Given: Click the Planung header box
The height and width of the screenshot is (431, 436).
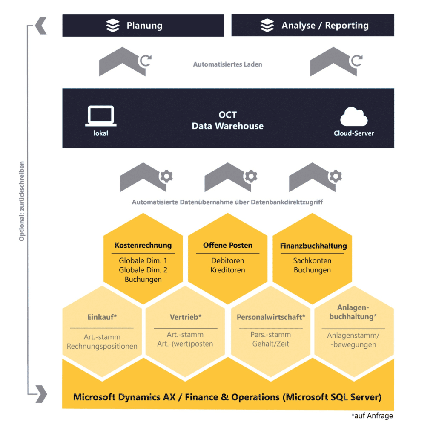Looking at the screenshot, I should [143, 26].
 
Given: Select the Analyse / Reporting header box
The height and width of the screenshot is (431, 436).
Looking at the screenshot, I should [313, 26].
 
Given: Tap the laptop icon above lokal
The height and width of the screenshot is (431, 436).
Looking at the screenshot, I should [101, 116].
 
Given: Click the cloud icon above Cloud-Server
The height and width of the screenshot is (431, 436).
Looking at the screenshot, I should [354, 117].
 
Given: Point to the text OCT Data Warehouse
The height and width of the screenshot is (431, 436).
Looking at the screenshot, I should [227, 121].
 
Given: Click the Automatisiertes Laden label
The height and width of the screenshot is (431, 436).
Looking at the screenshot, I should [227, 64].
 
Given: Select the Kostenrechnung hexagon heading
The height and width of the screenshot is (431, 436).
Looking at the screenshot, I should [143, 246].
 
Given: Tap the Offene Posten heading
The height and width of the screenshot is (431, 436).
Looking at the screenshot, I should [227, 245].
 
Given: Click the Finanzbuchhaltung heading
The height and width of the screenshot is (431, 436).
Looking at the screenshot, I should [313, 246].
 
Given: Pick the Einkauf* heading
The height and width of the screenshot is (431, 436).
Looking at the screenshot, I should [102, 317].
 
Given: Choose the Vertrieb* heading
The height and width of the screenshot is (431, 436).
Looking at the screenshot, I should [185, 317].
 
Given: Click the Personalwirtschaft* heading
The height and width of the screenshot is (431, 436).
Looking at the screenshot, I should [271, 317].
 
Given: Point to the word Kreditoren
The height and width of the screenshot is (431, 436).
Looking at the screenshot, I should [228, 270].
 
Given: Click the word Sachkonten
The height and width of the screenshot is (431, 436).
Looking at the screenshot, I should [312, 260].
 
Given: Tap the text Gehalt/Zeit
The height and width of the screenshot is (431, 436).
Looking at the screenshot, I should [270, 344].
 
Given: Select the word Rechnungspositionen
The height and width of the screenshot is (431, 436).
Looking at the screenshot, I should [102, 346].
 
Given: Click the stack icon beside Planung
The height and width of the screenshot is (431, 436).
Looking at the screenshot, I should [113, 26].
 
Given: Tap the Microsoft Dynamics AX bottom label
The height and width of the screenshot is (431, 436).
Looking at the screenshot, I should [227, 397].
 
